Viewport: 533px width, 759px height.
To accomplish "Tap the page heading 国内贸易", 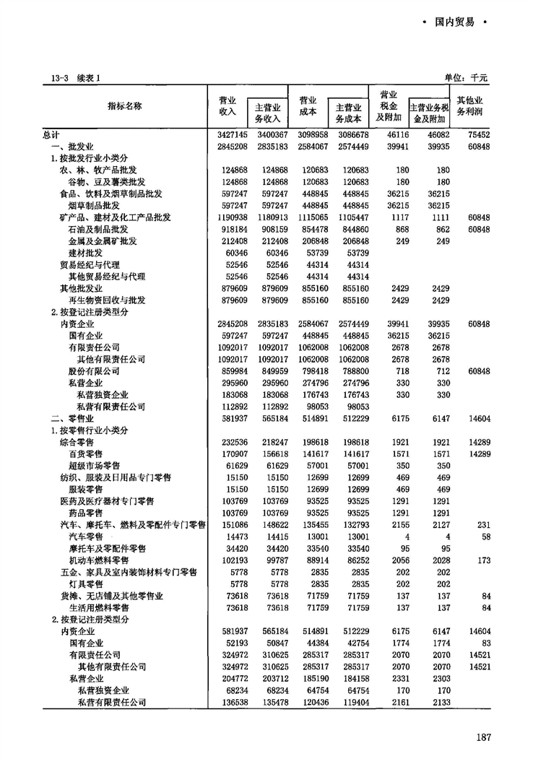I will pyautogui.click(x=454, y=22).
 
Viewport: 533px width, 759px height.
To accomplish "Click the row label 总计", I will pyautogui.click(x=51, y=134).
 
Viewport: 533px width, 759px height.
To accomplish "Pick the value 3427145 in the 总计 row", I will pyautogui.click(x=232, y=134).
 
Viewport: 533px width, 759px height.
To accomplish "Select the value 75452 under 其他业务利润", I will pyautogui.click(x=479, y=134).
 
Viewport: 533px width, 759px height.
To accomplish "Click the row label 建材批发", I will pyautogui.click(x=84, y=253).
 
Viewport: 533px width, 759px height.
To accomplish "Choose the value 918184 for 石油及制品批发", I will pyautogui.click(x=232, y=229).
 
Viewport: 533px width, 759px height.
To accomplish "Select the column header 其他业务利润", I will pyautogui.click(x=469, y=106).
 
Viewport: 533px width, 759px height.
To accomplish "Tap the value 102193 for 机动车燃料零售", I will pyautogui.click(x=232, y=560).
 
